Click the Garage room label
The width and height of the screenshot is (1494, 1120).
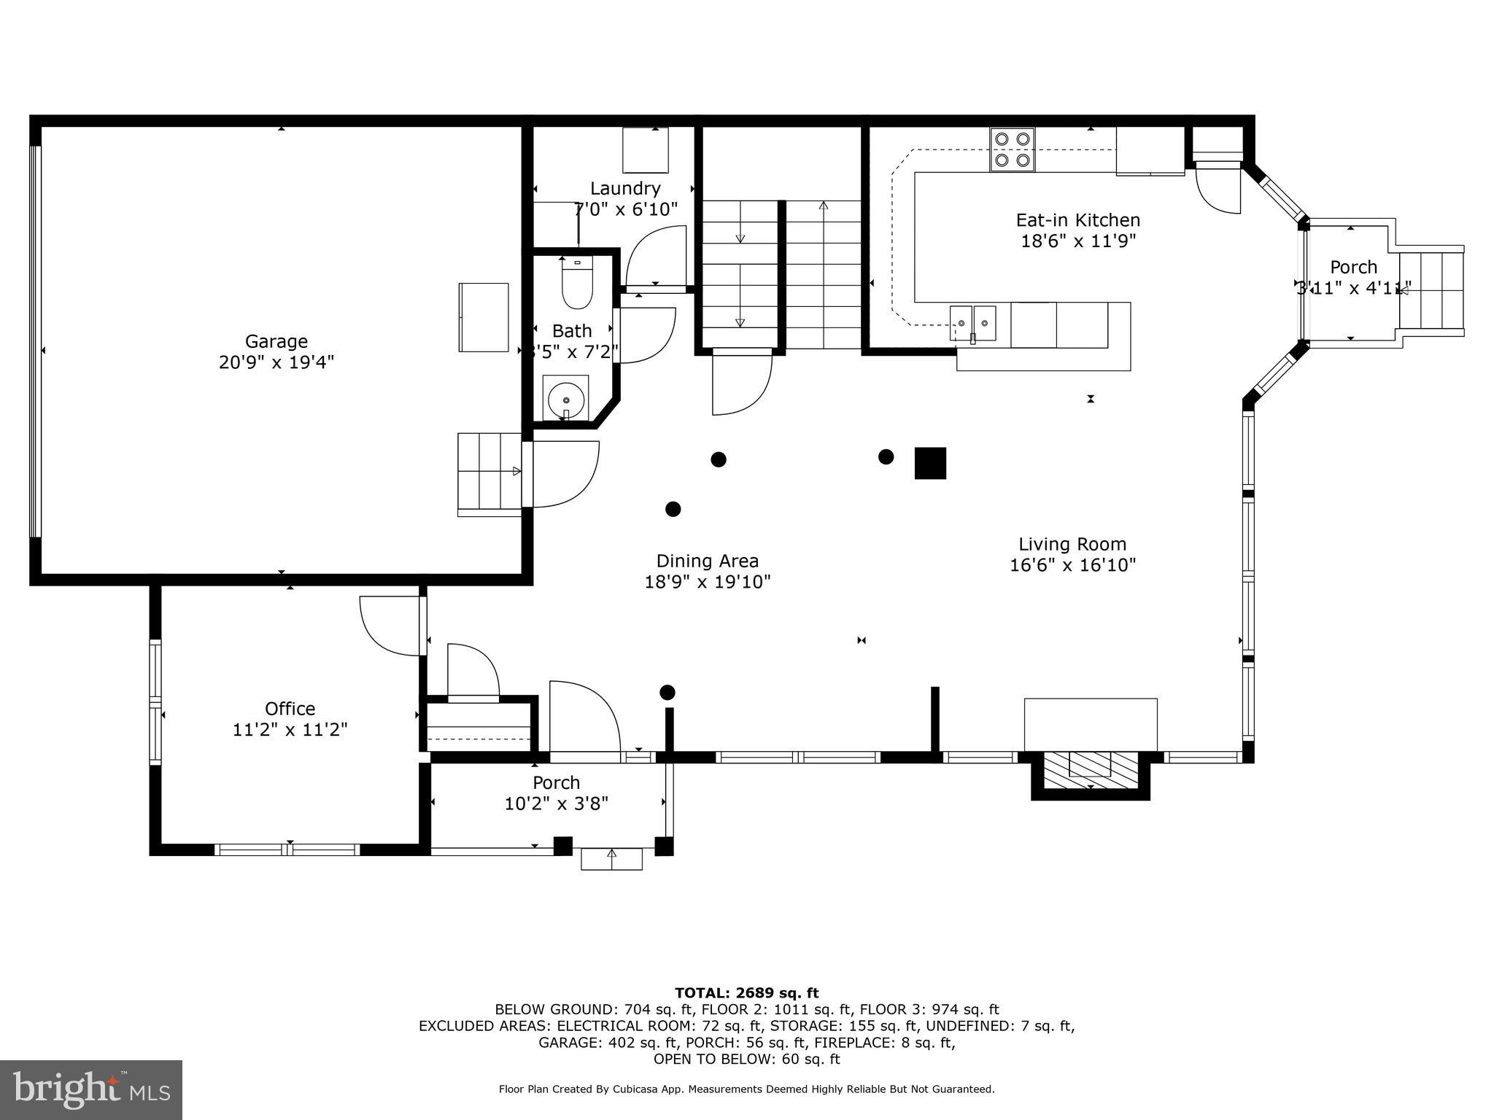pos(276,341)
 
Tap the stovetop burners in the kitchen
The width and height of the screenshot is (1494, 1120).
pos(1012,149)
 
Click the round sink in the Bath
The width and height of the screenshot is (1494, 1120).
pos(565,400)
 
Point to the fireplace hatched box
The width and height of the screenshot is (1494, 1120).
pos(1090,770)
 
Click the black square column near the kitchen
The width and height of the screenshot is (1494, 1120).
pos(930,463)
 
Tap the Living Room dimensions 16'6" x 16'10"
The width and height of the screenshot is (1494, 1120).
pos(1072,565)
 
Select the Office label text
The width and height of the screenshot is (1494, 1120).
pos(290,709)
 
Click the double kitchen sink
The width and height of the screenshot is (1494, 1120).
pos(972,322)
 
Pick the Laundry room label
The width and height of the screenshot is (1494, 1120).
pos(625,189)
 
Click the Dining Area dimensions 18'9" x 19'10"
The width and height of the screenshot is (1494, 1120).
pos(707,582)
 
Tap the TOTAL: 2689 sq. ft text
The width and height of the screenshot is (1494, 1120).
pos(746,993)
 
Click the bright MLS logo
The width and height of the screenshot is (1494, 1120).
pos(91,1089)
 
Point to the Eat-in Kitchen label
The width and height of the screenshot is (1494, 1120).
pos(1077,220)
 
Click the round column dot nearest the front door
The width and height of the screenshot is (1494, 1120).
pos(667,692)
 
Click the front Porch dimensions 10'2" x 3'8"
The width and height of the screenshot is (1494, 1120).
pos(556,804)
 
